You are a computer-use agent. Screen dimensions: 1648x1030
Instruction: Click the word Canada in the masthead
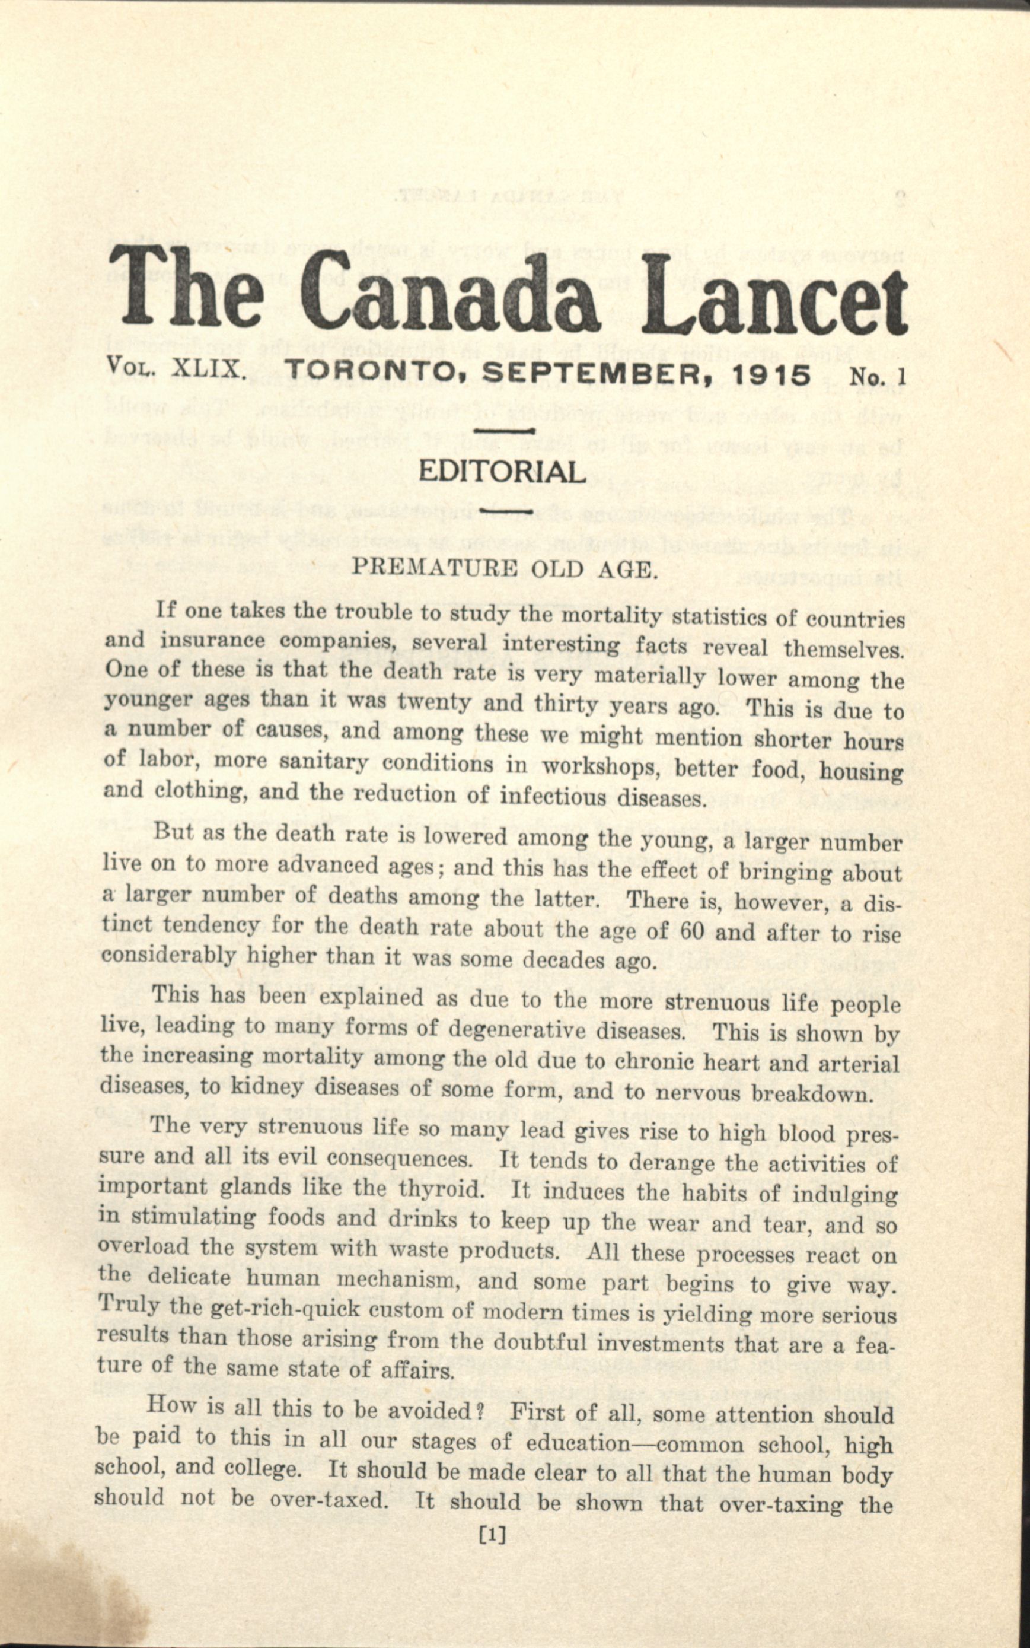pos(449,294)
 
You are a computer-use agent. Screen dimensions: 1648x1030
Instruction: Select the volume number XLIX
pos(208,370)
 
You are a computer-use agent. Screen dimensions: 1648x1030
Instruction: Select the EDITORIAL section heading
pos(502,472)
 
